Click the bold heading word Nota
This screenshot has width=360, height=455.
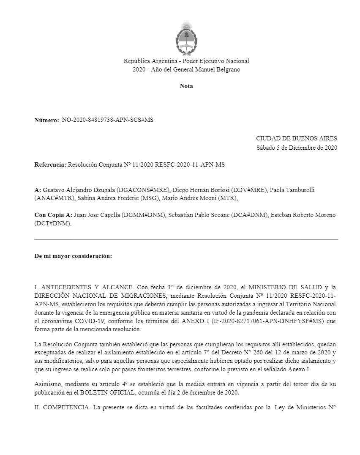pyautogui.click(x=186, y=86)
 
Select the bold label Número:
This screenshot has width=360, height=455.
pyautogui.click(x=46, y=121)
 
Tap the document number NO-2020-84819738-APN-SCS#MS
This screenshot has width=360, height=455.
pyautogui.click(x=107, y=120)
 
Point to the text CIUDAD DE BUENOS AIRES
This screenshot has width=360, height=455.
pyautogui.click(x=297, y=139)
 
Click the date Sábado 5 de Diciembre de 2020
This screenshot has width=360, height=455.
pyautogui.click(x=297, y=148)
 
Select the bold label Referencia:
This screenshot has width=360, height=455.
pyautogui.click(x=50, y=164)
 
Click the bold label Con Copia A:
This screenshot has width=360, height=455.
pyautogui.click(x=53, y=215)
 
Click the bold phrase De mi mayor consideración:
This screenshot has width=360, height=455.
pyautogui.click(x=73, y=256)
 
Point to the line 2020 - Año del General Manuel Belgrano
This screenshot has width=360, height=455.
pyautogui.click(x=186, y=69)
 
